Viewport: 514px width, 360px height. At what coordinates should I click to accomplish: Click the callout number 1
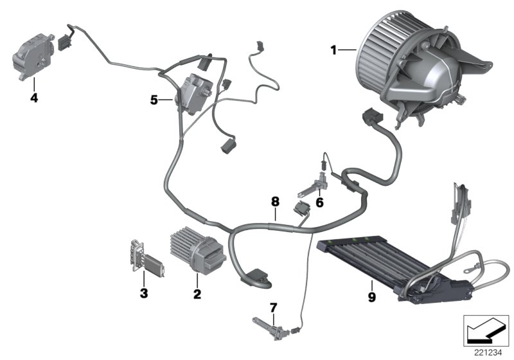333,49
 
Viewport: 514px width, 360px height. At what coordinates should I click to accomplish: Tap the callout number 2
197,294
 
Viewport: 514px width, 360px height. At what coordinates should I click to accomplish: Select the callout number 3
144,294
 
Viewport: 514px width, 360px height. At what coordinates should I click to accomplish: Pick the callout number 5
154,100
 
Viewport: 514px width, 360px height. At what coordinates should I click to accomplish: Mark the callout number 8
275,201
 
